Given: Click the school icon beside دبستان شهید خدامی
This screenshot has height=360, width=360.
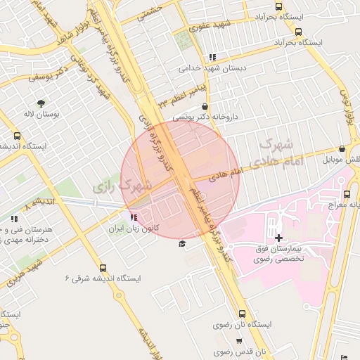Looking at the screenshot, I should coord(213,57).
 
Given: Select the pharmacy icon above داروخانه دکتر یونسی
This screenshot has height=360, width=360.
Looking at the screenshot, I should coord(205,106).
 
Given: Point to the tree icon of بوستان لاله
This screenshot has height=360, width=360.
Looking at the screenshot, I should coord(41,103).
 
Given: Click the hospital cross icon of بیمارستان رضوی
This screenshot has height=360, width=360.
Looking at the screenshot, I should coord(279,238).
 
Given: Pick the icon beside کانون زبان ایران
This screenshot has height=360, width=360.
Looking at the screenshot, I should coord(134,218).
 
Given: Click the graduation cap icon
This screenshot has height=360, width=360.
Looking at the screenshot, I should coord(182,243).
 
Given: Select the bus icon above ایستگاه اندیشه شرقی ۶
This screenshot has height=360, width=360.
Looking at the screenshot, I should coord(103,268).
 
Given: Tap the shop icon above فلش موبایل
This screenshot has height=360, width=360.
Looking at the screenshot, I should coord(342,149).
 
